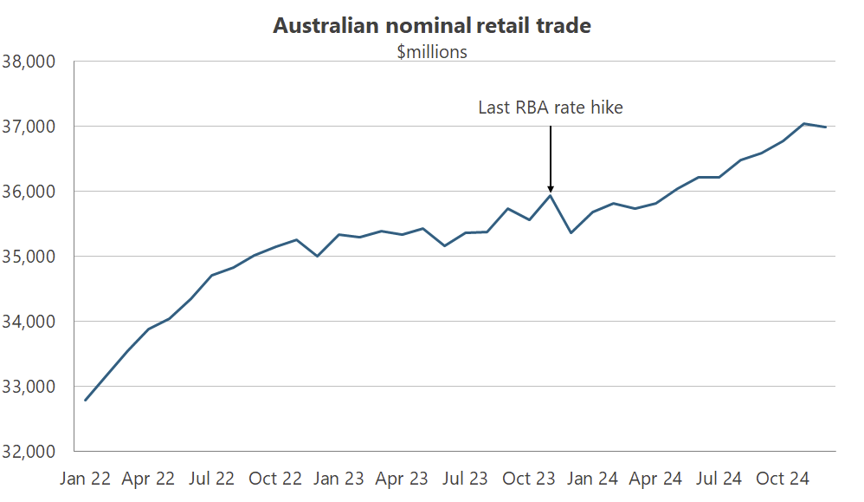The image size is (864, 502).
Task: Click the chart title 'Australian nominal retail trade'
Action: click(x=432, y=25)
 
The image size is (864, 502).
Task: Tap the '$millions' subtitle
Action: click(x=432, y=52)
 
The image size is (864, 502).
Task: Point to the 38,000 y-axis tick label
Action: click(x=29, y=62)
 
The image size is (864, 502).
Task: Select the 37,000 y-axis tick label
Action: click(x=29, y=127)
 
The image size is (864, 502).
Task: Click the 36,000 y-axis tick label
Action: click(x=29, y=192)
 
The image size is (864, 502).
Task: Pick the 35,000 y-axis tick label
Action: click(x=29, y=257)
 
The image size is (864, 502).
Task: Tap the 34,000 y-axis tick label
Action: click(x=29, y=322)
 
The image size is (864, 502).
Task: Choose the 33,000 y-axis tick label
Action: click(x=29, y=387)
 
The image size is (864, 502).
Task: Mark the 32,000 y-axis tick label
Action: click(x=29, y=452)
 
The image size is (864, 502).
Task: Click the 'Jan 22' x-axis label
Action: click(x=85, y=479)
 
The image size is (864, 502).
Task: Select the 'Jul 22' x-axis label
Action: click(x=212, y=479)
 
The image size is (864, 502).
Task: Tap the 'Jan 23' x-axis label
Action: click(x=339, y=479)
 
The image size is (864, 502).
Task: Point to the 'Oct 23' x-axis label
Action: click(x=529, y=479)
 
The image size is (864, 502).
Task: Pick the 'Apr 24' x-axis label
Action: click(x=656, y=479)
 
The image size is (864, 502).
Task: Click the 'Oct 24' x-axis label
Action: click(x=783, y=479)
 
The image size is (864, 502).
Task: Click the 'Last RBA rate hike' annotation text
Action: click(x=551, y=108)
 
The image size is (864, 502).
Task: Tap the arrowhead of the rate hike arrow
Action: click(x=551, y=189)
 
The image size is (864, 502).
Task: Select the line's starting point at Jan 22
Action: click(x=85, y=400)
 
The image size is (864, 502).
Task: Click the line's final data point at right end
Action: click(x=826, y=127)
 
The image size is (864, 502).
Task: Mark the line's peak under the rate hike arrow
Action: click(x=551, y=196)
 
